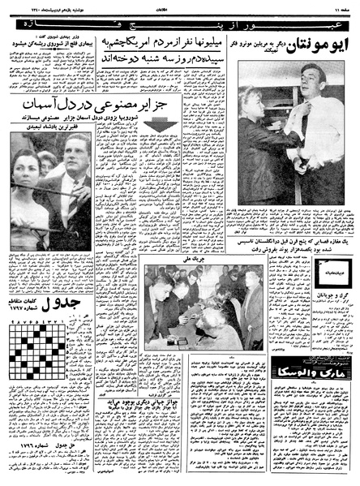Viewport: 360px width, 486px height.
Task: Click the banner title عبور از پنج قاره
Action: tap(180, 15)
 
